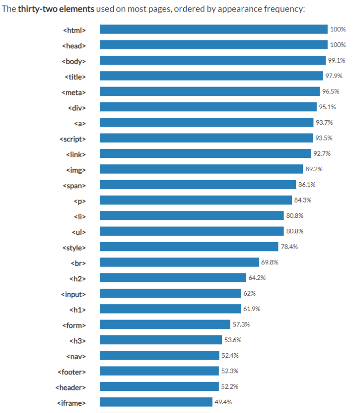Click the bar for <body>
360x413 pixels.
(x=212, y=60)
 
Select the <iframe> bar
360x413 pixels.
(x=156, y=402)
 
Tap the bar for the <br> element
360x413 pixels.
(x=180, y=262)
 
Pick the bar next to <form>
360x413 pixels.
(x=165, y=324)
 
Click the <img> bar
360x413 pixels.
(x=201, y=169)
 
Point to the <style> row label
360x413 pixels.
(x=74, y=247)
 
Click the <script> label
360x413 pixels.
(x=73, y=138)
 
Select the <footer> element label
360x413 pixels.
(x=72, y=372)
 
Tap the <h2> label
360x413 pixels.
(x=77, y=278)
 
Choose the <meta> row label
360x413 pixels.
(x=74, y=92)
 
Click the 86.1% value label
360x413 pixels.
(x=307, y=184)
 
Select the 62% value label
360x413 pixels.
(x=249, y=293)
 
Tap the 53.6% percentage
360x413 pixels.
(x=233, y=340)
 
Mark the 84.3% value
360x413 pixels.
(x=302, y=200)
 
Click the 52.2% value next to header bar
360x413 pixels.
(x=230, y=386)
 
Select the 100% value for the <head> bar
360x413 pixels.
(x=337, y=45)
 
